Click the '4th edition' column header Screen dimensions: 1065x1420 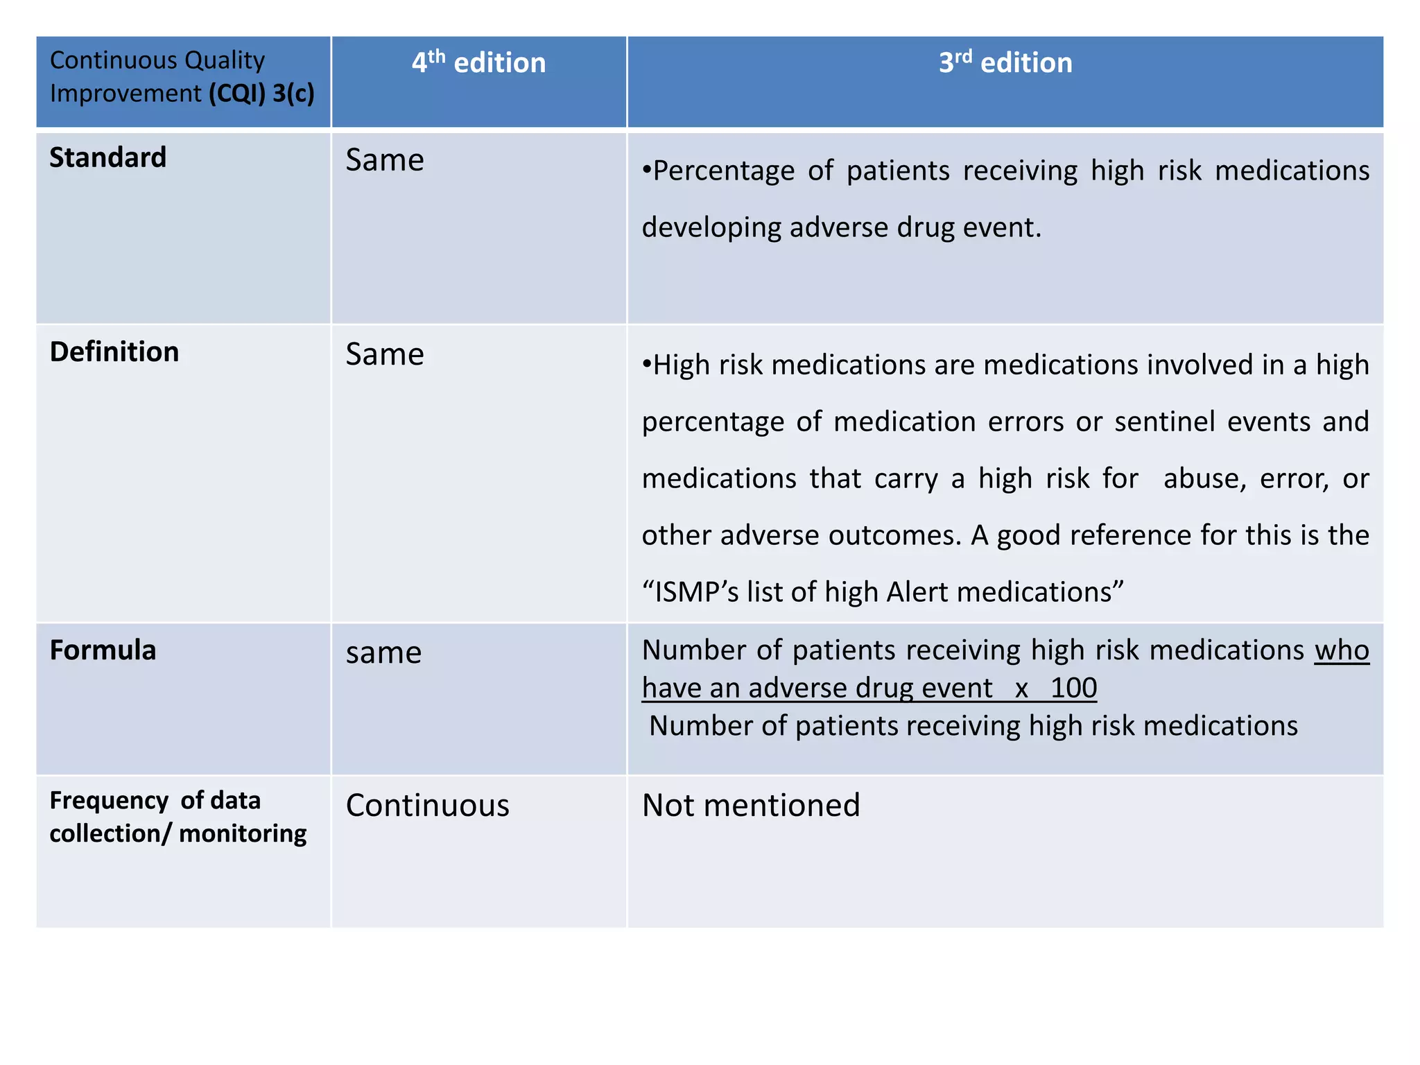click(478, 63)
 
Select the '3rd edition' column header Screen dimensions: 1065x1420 click(1005, 63)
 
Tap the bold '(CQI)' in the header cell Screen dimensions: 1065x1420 click(237, 94)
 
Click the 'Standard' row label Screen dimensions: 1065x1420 click(108, 158)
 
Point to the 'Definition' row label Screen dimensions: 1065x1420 click(114, 352)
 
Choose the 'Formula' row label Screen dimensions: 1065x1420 click(103, 650)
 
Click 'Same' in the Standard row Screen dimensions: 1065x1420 click(385, 160)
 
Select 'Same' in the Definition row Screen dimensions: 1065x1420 click(385, 354)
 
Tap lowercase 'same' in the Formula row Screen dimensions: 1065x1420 click(383, 653)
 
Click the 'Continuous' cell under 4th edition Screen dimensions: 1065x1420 click(428, 806)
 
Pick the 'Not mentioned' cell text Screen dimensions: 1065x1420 click(751, 806)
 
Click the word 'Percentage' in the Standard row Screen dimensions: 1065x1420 click(724, 171)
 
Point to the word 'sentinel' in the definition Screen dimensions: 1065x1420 click(1165, 422)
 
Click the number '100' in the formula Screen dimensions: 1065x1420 click(1073, 688)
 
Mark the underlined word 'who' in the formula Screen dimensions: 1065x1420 click(1342, 650)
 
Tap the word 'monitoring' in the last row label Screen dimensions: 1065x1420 click(243, 833)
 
